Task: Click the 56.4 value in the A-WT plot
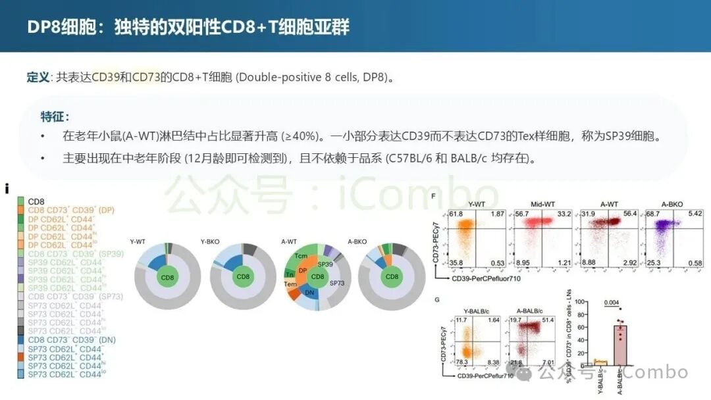[x=629, y=214]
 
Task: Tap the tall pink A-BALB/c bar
[x=620, y=345]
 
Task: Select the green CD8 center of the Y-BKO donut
[x=244, y=277]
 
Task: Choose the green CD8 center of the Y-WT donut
[x=169, y=277]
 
